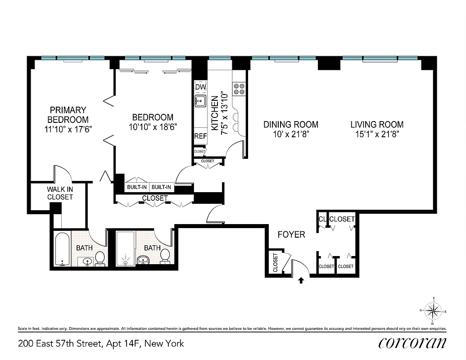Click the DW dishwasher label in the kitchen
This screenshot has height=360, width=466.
click(200, 87)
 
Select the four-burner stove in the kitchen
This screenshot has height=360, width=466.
click(239, 89)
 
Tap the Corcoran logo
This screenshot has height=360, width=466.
click(412, 343)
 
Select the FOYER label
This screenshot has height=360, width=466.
click(291, 234)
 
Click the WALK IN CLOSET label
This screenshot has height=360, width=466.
click(60, 193)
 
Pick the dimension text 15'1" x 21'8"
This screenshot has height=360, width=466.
click(377, 134)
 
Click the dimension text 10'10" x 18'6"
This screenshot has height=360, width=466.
click(152, 127)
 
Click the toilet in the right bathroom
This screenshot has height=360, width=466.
click(165, 255)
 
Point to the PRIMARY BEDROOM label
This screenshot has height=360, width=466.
click(68, 114)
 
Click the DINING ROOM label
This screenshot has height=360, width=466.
click(291, 125)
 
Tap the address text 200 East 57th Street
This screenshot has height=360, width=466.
click(61, 344)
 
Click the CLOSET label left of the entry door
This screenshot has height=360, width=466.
click(275, 262)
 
